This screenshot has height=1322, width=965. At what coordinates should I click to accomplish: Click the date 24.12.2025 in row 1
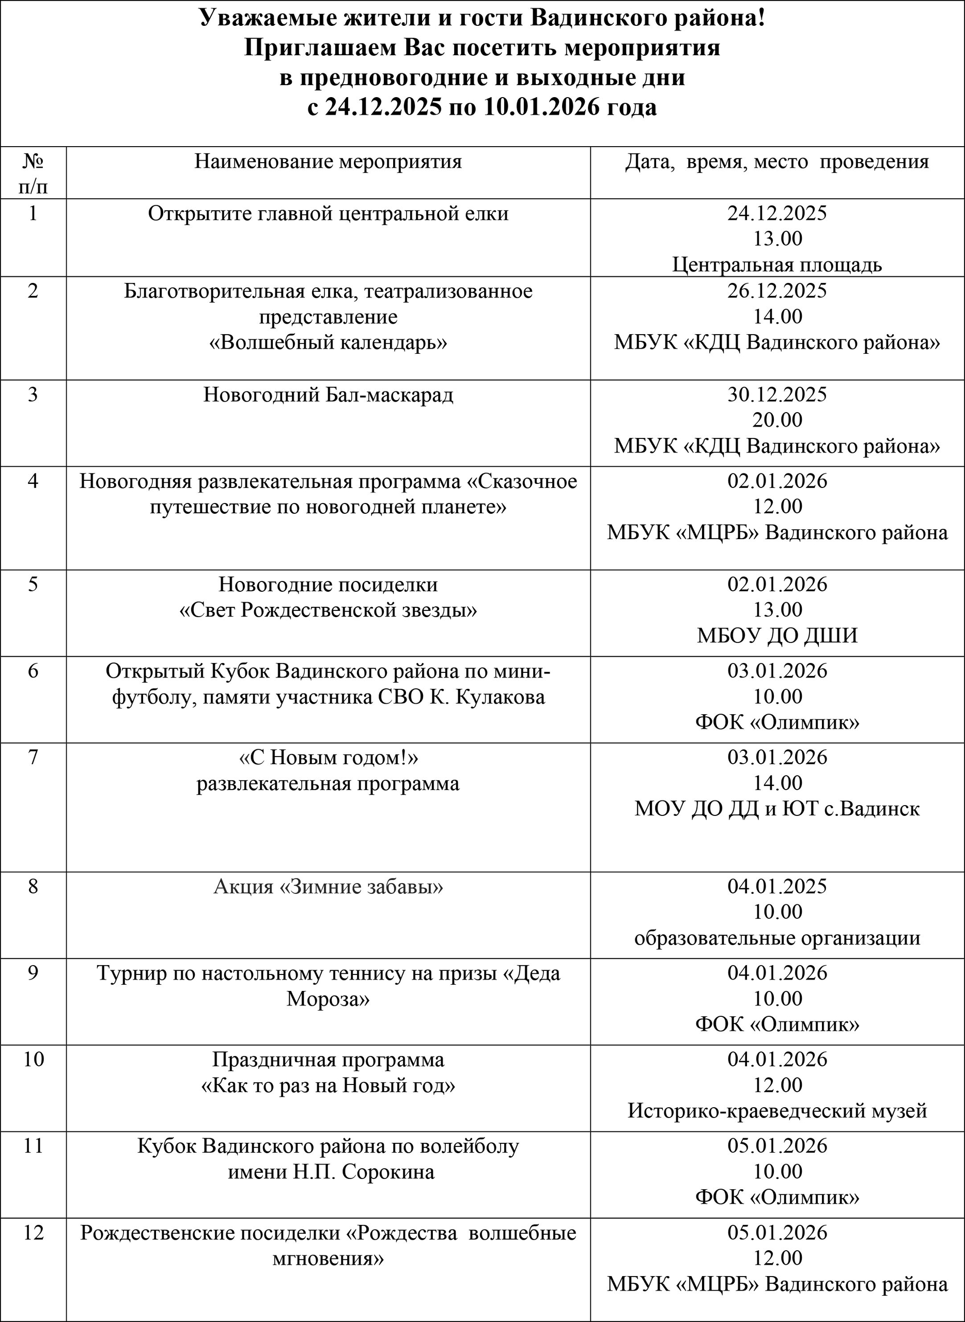[x=777, y=213]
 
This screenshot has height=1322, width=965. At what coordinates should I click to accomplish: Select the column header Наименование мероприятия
[x=328, y=161]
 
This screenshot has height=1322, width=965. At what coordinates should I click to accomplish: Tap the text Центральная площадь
[x=777, y=264]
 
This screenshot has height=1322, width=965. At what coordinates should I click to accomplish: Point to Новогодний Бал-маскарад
[x=328, y=395]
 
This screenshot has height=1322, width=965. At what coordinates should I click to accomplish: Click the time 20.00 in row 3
[x=777, y=420]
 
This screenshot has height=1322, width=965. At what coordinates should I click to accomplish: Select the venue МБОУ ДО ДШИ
[x=777, y=635]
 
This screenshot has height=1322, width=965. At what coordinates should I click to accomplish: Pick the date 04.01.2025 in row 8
[x=777, y=886]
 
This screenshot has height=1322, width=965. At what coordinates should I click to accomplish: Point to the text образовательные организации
[x=777, y=938]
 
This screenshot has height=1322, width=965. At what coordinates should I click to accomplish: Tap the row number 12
[x=33, y=1233]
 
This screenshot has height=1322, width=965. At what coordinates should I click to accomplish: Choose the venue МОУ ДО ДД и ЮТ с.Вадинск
[x=777, y=809]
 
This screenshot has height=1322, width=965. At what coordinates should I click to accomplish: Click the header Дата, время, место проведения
[x=777, y=161]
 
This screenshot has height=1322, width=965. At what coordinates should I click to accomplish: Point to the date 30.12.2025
[x=777, y=395]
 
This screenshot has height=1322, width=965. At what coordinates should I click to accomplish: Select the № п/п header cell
[x=33, y=173]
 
